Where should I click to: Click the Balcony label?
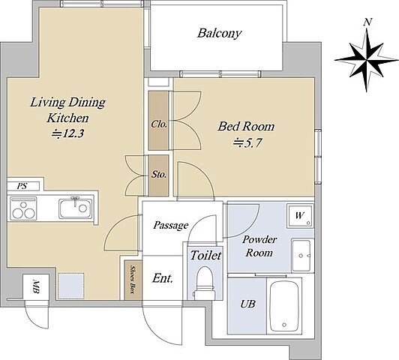(219, 33)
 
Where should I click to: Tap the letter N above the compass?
(367, 22)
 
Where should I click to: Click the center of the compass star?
(367, 60)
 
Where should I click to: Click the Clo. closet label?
(159, 124)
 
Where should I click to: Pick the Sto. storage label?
(159, 175)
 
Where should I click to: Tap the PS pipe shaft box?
(23, 186)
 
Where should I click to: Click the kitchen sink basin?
(75, 208)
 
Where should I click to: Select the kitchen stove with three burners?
(23, 208)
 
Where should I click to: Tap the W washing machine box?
(300, 216)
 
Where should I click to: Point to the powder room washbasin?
(302, 255)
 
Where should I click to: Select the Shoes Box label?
(132, 279)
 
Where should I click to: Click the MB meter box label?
(36, 287)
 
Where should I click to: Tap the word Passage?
(171, 225)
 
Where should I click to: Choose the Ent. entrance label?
(163, 278)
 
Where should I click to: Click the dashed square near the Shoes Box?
(71, 286)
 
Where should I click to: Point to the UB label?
(247, 304)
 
